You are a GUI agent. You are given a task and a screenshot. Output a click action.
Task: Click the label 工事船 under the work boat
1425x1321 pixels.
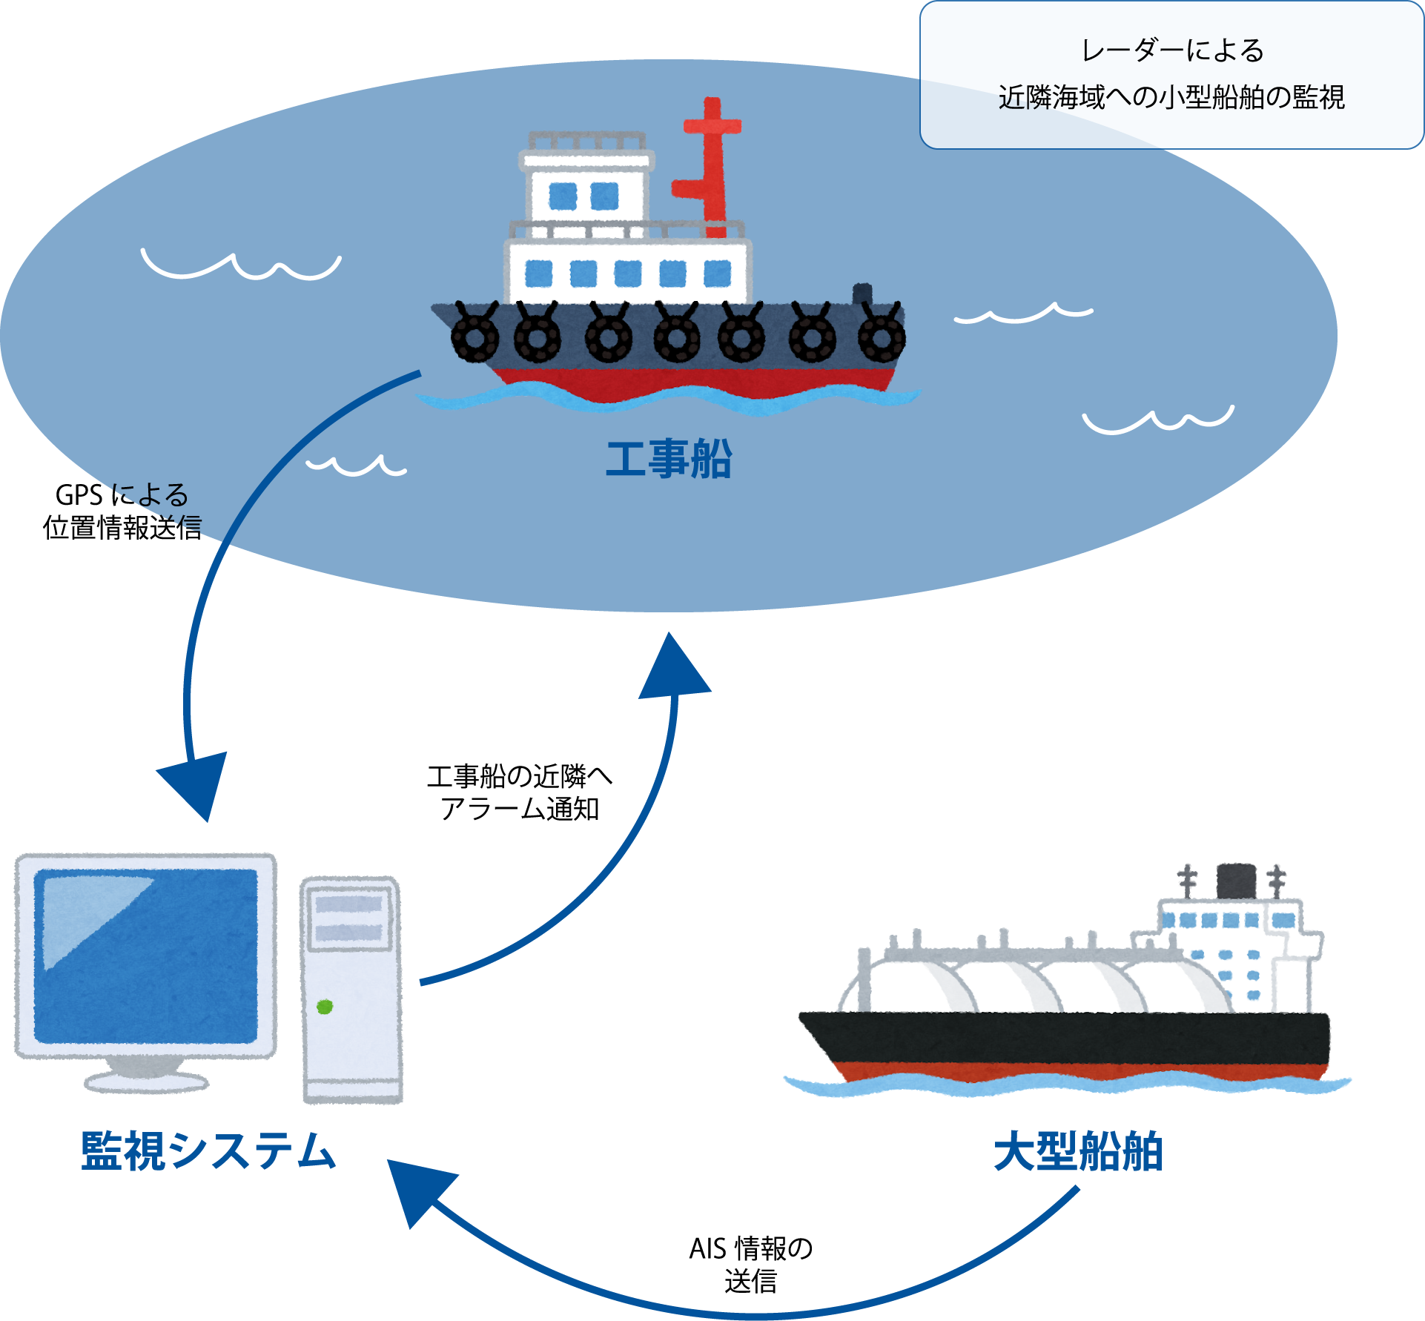pos(669,459)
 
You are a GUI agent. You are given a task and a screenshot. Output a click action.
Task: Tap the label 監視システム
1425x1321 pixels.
pos(208,1151)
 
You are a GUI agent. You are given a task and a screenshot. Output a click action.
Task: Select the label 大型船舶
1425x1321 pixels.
pos(1078,1151)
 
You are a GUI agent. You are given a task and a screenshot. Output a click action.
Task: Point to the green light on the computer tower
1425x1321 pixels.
pos(325,1007)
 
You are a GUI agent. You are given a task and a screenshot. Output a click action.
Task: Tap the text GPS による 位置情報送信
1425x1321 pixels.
pos(122,511)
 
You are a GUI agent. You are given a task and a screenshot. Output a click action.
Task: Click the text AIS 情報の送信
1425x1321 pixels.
pos(750,1265)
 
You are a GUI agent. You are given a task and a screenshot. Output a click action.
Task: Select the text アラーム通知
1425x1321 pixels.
pos(519,809)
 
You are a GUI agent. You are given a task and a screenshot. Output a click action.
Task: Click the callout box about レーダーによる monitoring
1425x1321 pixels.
pos(1171,74)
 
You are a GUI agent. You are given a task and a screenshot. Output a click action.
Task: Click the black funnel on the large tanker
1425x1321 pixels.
pos(1236,880)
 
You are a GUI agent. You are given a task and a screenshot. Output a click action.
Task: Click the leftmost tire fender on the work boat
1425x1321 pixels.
pos(475,337)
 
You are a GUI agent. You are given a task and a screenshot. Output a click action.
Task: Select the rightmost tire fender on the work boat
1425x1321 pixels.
pos(882,337)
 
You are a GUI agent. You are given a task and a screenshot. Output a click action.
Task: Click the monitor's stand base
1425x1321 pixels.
pos(146,1082)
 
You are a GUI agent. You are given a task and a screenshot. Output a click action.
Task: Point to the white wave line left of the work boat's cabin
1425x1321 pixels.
pos(241,267)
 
